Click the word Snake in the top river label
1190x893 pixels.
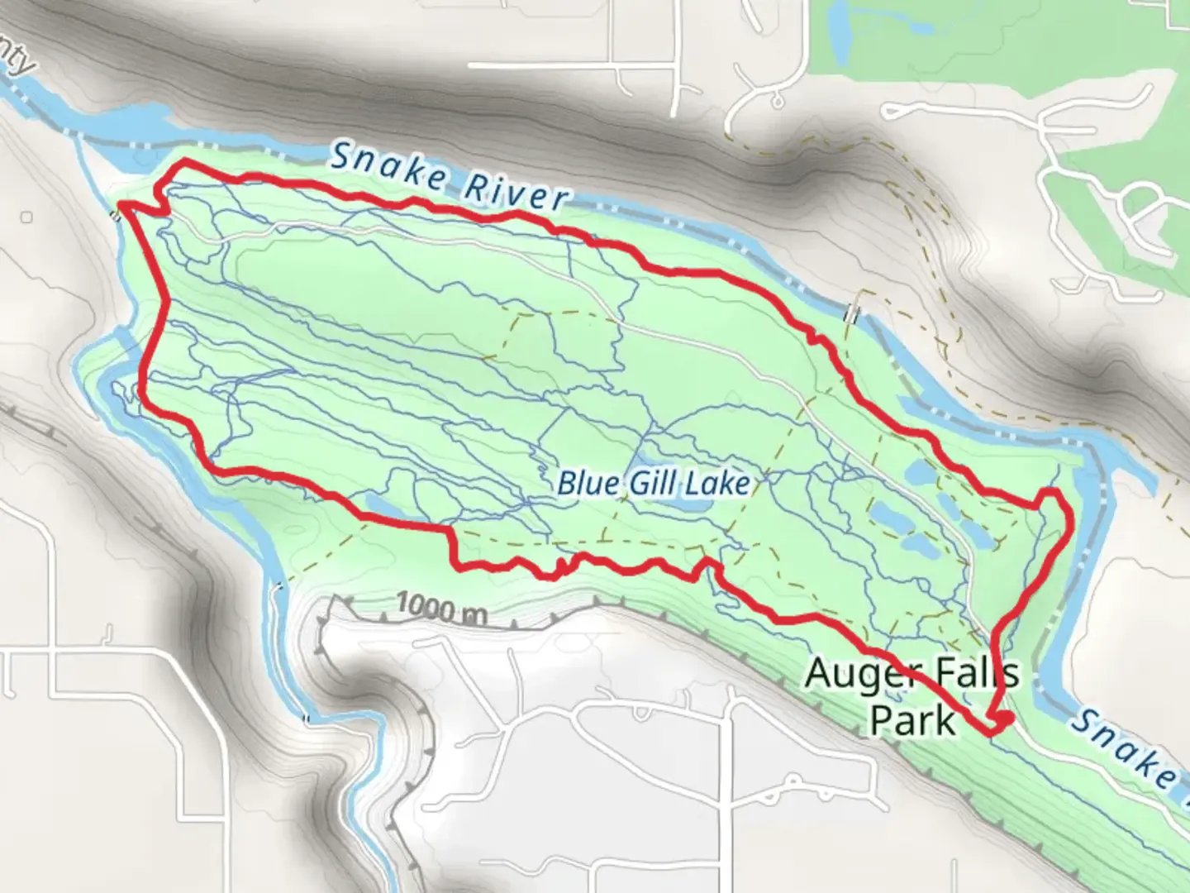(x=387, y=170)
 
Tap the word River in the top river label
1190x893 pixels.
(x=516, y=193)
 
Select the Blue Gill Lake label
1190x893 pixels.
(x=653, y=483)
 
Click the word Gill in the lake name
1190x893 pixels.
(x=656, y=483)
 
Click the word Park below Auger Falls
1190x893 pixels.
(x=912, y=719)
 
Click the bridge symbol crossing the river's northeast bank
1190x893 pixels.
(x=852, y=314)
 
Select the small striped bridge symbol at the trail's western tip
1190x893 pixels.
(x=117, y=216)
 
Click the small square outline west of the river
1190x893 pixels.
(x=27, y=217)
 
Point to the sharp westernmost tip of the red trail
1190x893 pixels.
(x=121, y=203)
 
